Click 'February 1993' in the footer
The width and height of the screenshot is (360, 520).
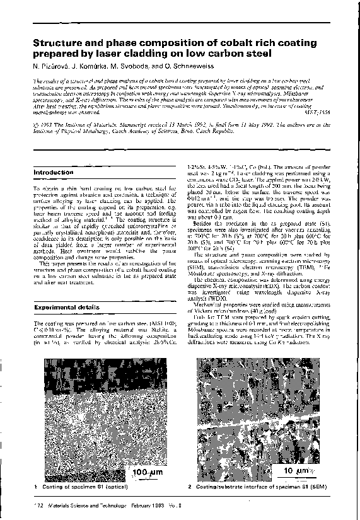click(x=129, y=507)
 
